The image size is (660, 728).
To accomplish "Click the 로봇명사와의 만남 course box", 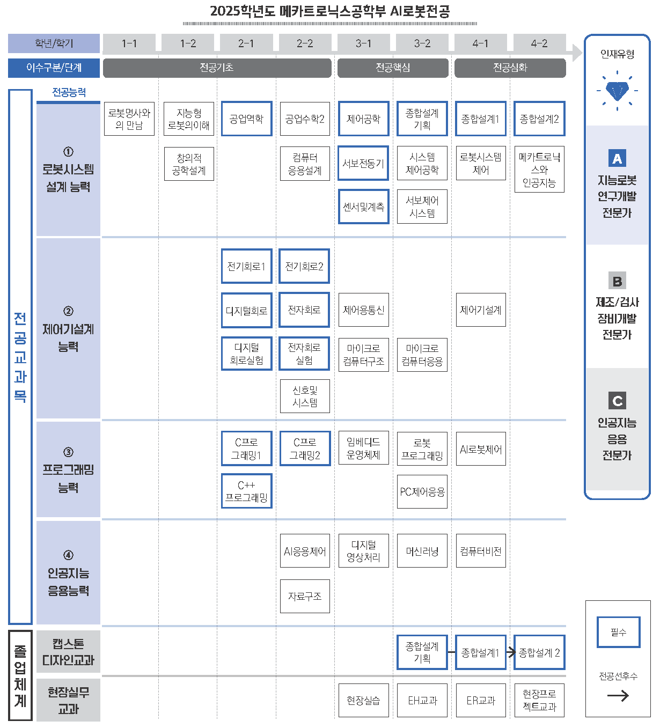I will [x=129, y=119].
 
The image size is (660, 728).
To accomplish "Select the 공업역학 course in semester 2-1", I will [x=246, y=119].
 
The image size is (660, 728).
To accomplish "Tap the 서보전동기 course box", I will [x=363, y=163].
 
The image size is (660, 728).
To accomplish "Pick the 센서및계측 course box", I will [x=363, y=207].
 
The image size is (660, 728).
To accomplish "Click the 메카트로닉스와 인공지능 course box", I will [x=539, y=170].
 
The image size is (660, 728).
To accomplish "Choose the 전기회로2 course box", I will [x=304, y=266].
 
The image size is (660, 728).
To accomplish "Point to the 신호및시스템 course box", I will [x=305, y=396].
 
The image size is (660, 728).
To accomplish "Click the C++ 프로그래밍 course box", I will [x=246, y=491].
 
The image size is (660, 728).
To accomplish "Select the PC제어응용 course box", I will [x=422, y=491].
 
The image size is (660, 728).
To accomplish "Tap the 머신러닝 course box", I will [x=422, y=551].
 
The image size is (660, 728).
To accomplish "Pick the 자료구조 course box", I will [x=305, y=596].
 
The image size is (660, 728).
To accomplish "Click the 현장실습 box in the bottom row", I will [x=363, y=700].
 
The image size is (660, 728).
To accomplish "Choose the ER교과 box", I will [x=481, y=700].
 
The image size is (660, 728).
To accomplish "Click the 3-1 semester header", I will [x=363, y=43].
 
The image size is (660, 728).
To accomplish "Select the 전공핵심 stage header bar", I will [x=393, y=68].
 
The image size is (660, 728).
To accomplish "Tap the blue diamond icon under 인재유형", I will [x=617, y=91].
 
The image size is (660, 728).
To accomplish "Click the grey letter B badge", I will [x=617, y=281].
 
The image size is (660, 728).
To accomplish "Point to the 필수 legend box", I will [x=618, y=633].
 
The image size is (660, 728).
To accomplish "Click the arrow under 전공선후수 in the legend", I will [x=618, y=696].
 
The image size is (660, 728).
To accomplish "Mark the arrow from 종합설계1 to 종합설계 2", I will [x=510, y=652].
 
